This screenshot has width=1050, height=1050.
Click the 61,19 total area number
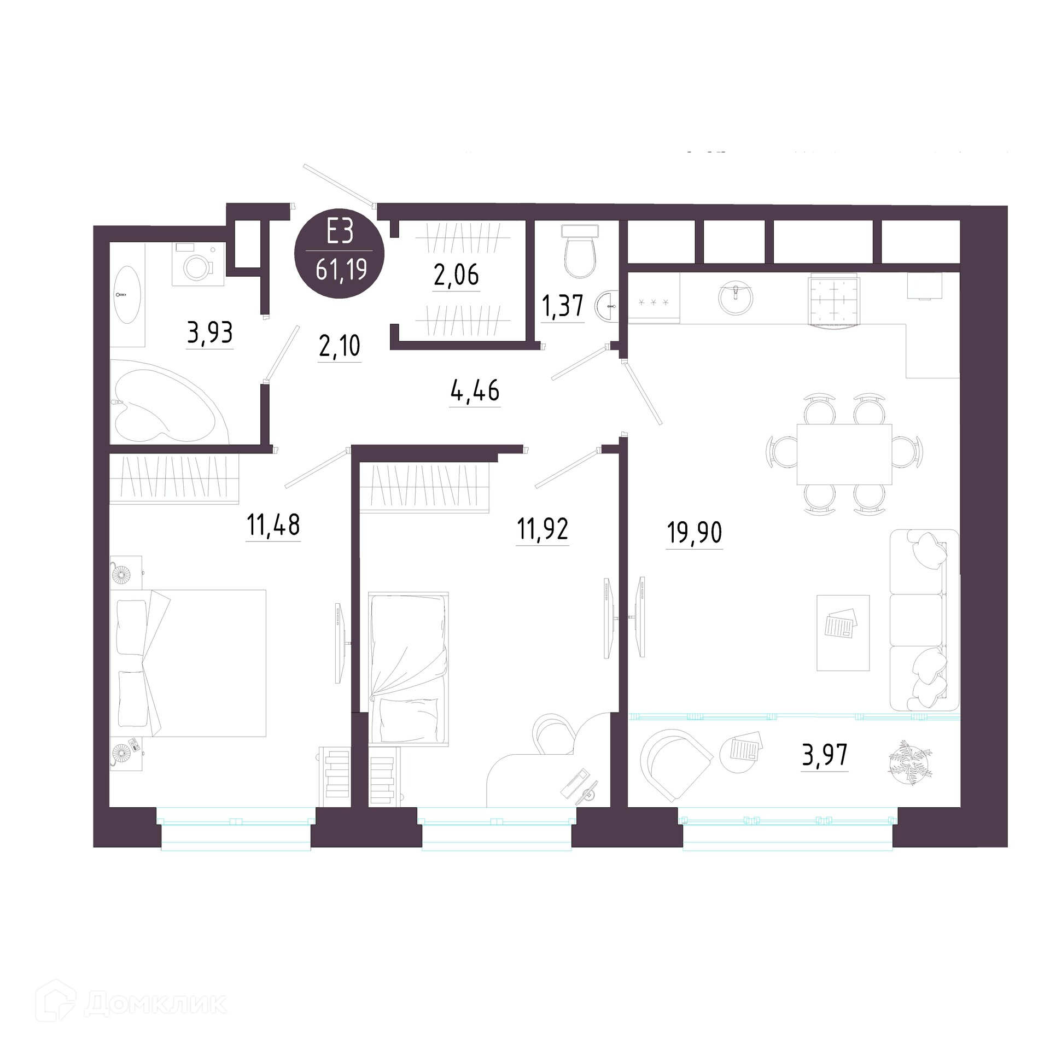[341, 271]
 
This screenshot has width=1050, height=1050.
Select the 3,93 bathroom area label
[210, 332]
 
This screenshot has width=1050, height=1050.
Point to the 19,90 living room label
[695, 532]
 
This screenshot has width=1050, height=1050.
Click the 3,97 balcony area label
[825, 755]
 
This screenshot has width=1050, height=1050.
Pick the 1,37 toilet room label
[563, 306]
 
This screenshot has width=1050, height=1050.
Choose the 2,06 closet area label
[457, 275]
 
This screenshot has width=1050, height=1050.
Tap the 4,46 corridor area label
[475, 391]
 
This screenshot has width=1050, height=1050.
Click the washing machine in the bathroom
[198, 264]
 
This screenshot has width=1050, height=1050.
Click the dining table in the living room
[844, 454]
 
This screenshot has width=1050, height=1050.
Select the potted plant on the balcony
[911, 762]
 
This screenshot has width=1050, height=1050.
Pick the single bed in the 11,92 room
[409, 668]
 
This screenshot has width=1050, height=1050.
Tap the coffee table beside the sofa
[843, 632]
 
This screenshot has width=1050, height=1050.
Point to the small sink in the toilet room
[607, 305]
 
